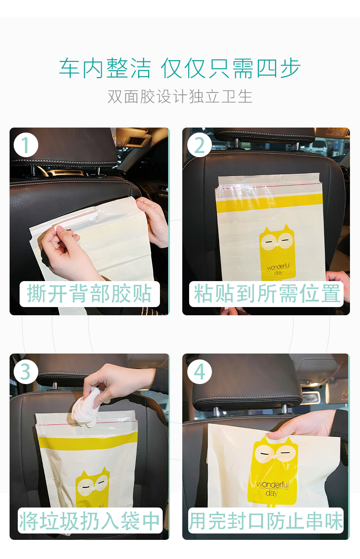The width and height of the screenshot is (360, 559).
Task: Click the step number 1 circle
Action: coord(26,145)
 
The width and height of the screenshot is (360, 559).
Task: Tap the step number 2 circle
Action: coord(199,145)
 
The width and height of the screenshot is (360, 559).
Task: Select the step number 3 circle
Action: coord(26,372)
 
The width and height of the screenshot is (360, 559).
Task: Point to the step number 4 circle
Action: coord(199,372)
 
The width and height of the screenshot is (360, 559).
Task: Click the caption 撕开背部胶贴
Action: coord(89,293)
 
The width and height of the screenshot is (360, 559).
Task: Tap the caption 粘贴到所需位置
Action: coord(267,293)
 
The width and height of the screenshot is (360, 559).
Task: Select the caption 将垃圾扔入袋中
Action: coord(89,521)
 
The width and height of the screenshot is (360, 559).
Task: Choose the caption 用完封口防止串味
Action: coord(266,521)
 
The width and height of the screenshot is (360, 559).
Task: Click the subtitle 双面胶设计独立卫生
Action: coord(180,96)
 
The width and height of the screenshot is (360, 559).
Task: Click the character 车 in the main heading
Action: coord(69,68)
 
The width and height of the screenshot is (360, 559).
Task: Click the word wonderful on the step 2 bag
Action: coord(278,267)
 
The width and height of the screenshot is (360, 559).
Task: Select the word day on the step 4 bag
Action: coord(272,493)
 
